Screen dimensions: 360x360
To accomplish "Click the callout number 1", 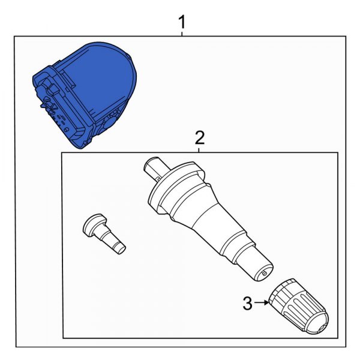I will click(x=182, y=23).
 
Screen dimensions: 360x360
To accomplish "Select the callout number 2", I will click(x=200, y=138).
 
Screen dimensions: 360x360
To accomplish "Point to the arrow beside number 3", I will click(x=262, y=304).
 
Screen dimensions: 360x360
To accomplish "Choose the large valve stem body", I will click(x=204, y=216).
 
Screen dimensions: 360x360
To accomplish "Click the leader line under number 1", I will click(x=182, y=34).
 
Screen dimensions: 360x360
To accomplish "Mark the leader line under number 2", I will click(x=200, y=149).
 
